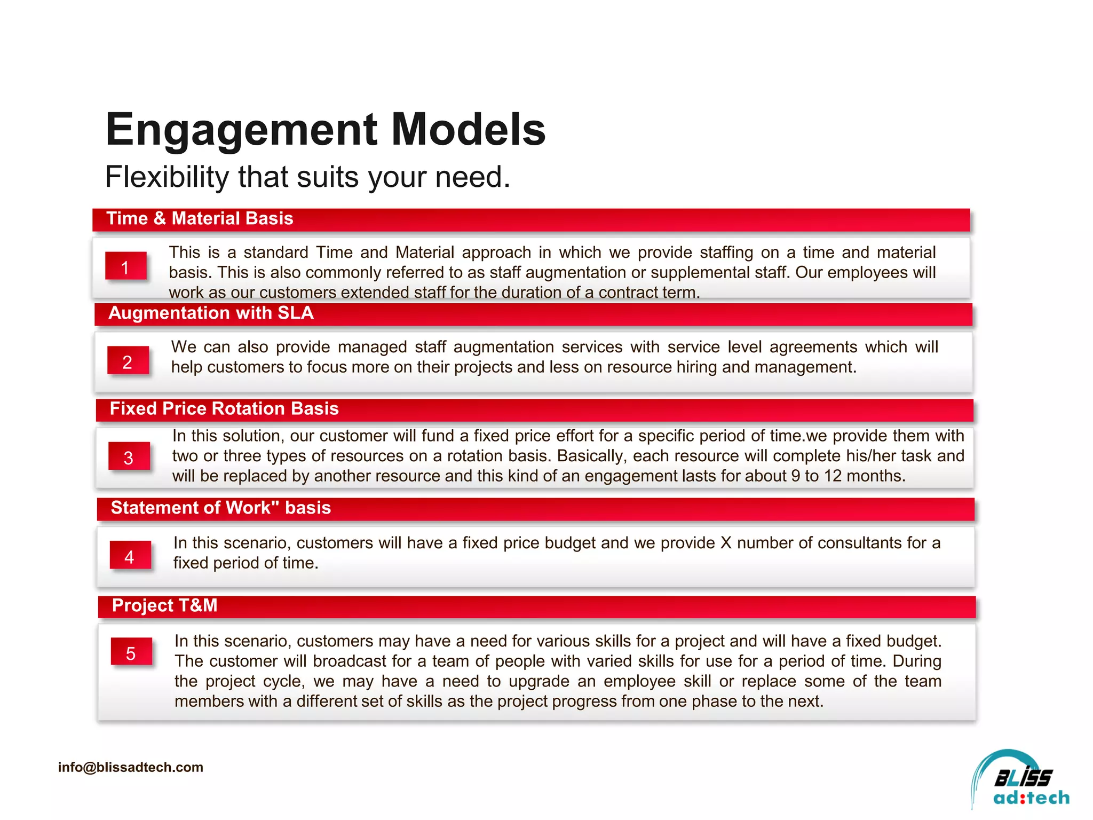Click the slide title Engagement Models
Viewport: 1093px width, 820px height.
[326, 130]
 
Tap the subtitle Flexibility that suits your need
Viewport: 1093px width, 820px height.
[307, 177]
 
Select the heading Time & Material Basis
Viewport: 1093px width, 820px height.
[200, 219]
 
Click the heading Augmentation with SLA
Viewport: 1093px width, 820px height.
[211, 313]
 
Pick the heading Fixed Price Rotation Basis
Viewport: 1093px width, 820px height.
[224, 409]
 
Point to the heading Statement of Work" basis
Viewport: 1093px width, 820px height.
[220, 508]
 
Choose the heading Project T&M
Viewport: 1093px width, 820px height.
[164, 605]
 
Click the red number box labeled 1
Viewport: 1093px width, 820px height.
[125, 266]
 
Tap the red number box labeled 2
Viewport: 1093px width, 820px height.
[128, 361]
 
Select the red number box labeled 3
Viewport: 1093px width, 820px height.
[129, 457]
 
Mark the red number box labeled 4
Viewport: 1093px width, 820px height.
[130, 556]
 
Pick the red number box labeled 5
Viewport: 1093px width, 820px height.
[131, 653]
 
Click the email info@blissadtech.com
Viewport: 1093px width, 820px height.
[131, 767]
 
